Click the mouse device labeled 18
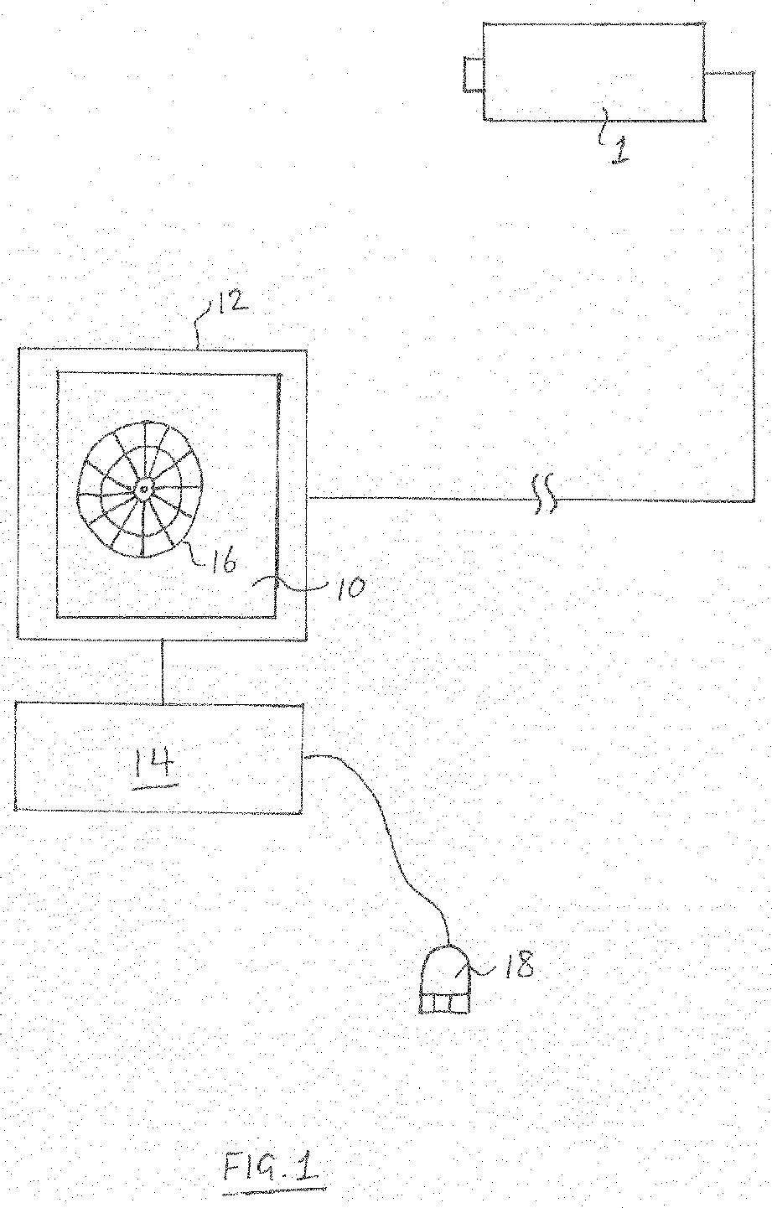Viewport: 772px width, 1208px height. point(444,981)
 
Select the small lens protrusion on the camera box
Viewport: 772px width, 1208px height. point(473,73)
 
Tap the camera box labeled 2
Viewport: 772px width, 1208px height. point(593,71)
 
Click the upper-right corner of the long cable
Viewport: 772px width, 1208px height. point(751,75)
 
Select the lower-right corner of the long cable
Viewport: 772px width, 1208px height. point(751,500)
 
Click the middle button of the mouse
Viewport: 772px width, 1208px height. point(444,1003)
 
